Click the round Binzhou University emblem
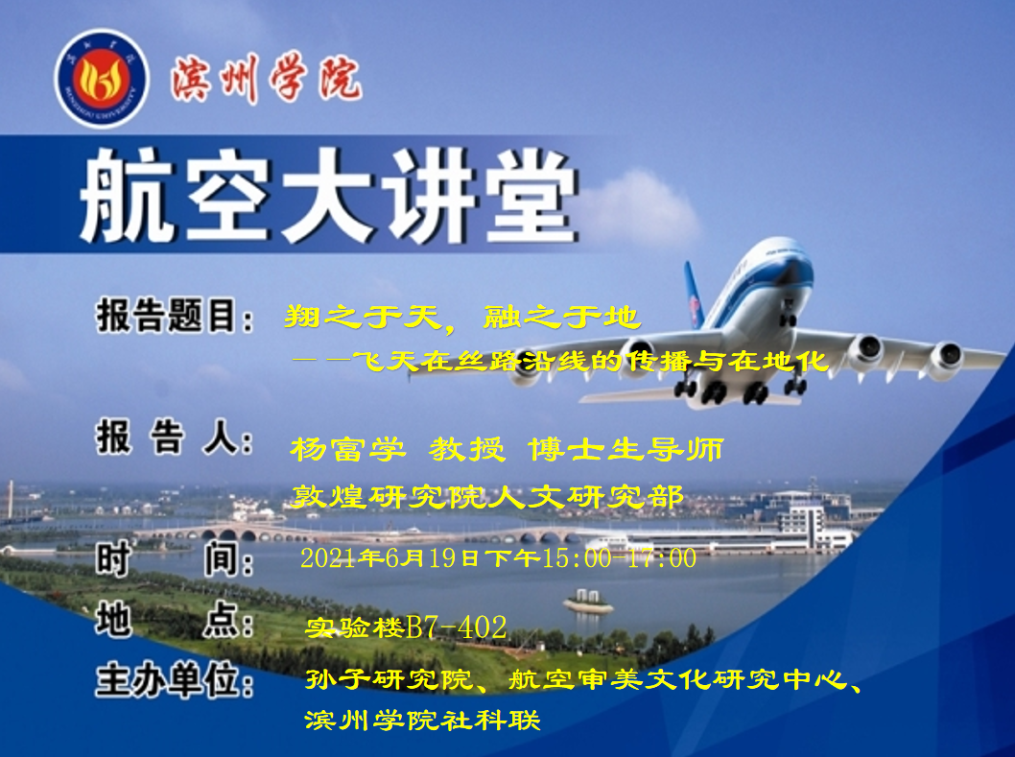[x=102, y=79]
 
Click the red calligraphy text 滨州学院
[x=266, y=79]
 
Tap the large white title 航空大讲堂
[x=328, y=195]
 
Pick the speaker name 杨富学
[x=347, y=449]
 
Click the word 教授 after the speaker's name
[x=466, y=449]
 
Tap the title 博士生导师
[x=626, y=449]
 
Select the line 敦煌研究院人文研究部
[x=486, y=497]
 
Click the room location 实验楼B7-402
[x=406, y=627]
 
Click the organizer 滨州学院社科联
[x=422, y=721]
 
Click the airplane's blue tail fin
[x=694, y=295]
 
